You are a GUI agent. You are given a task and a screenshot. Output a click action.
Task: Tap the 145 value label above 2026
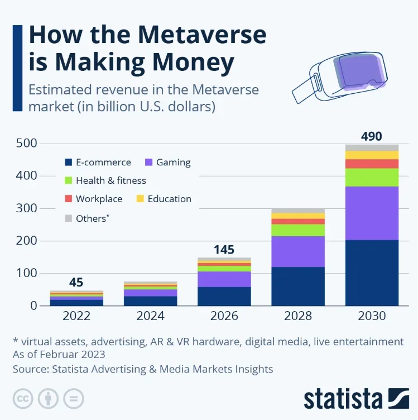pyautogui.click(x=224, y=249)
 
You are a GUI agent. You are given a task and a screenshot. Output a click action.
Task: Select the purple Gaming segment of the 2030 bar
pyautogui.click(x=372, y=213)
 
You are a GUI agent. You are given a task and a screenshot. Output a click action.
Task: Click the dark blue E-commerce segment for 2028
pyautogui.click(x=298, y=286)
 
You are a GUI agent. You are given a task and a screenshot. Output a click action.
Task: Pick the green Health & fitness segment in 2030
pyautogui.click(x=372, y=177)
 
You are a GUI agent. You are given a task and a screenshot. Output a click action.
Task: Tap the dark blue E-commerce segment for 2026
pyautogui.click(x=224, y=296)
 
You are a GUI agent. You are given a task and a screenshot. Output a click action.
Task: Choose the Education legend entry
pyautogui.click(x=169, y=199)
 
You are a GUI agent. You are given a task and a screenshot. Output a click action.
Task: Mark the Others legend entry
pyautogui.click(x=91, y=218)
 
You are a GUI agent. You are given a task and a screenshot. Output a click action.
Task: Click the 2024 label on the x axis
pyautogui.click(x=150, y=316)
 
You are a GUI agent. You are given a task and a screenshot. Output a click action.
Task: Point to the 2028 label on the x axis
pyautogui.click(x=298, y=316)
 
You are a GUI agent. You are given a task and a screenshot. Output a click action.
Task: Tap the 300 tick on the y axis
pyautogui.click(x=26, y=208)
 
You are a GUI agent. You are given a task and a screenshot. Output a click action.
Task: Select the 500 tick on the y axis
pyautogui.click(x=26, y=144)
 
